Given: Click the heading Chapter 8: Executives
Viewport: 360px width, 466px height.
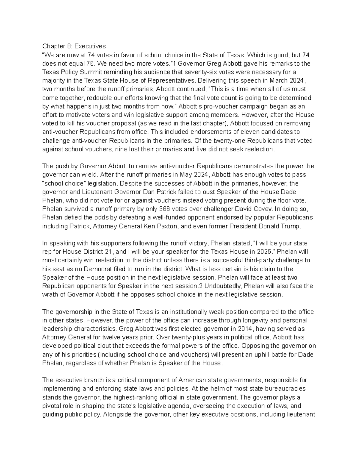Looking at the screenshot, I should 74,46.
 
